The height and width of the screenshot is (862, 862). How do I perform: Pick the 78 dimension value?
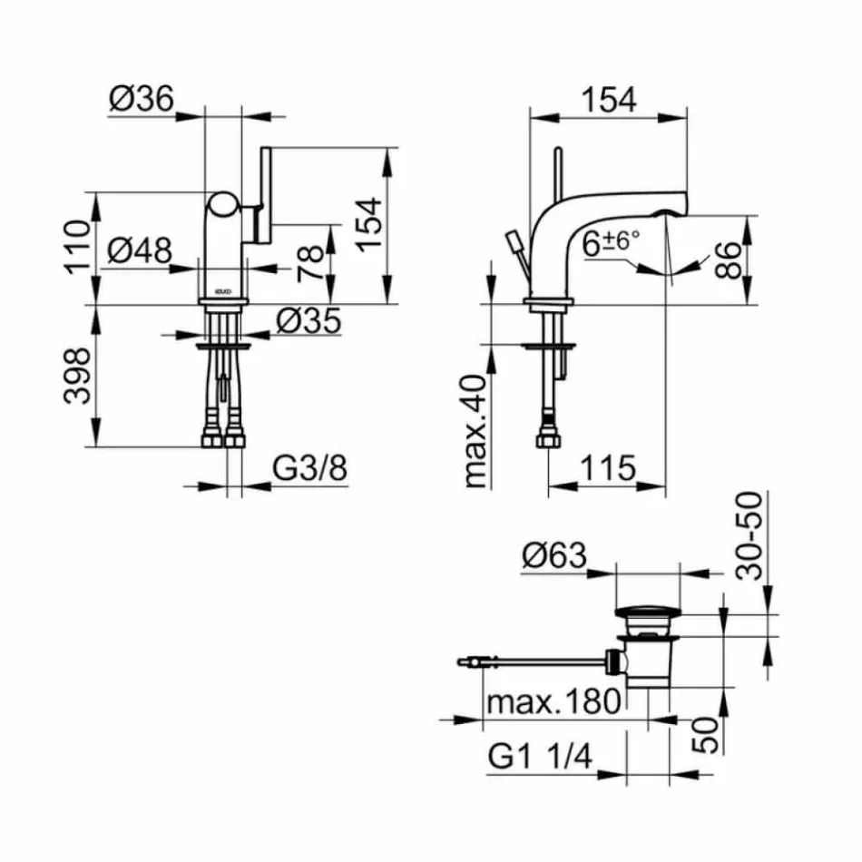click(x=311, y=260)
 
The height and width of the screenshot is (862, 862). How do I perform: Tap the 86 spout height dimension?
click(x=728, y=260)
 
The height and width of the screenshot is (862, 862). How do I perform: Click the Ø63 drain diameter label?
click(x=554, y=555)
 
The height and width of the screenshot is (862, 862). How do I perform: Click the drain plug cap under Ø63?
click(x=647, y=621)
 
